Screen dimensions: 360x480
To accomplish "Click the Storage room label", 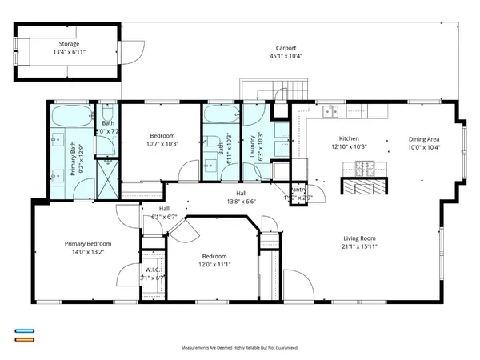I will tap(69, 44).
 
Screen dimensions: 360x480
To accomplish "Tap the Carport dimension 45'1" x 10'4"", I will tap(287, 56).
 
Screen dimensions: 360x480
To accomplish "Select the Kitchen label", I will tap(349, 138).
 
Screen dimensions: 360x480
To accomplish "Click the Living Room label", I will tap(359, 238).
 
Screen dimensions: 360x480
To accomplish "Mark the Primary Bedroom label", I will tap(88, 244).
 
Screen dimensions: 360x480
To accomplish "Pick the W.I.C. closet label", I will tap(152, 270).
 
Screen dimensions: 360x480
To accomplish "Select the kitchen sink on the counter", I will tap(330, 112).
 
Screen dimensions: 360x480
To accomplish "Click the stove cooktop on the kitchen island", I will tap(366, 167).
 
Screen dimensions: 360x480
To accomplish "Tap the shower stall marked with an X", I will tap(106, 171).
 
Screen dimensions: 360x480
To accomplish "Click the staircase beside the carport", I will tap(258, 90).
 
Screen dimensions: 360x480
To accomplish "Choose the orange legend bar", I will tap(24, 340).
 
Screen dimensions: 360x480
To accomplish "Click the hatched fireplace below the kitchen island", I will tap(365, 186).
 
